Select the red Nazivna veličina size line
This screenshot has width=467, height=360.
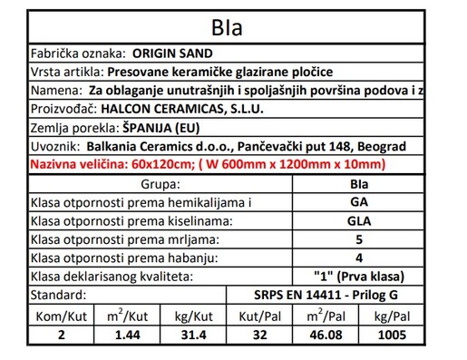tap(209, 164)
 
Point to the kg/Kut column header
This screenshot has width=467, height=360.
tap(194, 316)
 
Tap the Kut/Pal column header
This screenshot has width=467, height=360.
tap(260, 316)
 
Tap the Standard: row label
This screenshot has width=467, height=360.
tap(58, 296)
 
